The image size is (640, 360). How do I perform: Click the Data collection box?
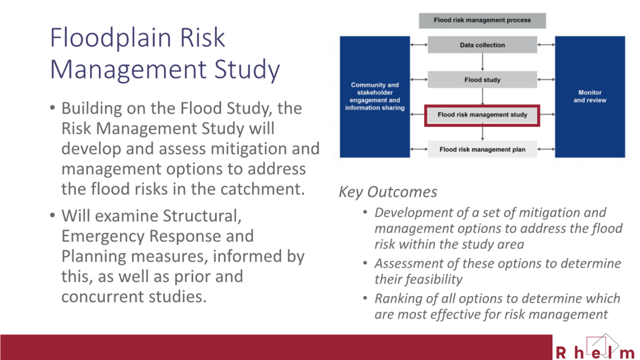(482, 45)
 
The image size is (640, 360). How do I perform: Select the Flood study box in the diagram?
(482, 80)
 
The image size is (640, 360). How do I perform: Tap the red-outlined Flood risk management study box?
(482, 115)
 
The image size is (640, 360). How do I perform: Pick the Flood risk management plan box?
(482, 149)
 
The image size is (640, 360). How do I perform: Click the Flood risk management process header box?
(482, 20)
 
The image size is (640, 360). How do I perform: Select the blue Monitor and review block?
(590, 96)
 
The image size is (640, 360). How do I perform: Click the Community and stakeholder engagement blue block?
(375, 96)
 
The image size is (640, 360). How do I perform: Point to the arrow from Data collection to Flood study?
(482, 62)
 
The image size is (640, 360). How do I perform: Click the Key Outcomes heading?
(388, 192)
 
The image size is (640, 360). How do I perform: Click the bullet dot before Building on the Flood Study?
(53, 108)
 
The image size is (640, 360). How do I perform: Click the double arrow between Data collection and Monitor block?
(546, 45)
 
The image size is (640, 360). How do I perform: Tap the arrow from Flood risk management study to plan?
(482, 133)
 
